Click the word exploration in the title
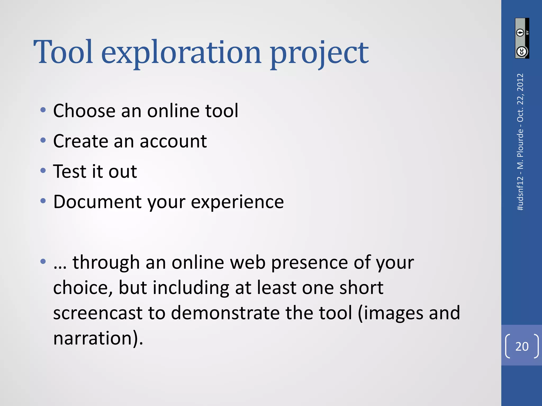[x=182, y=53]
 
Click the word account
[x=173, y=141]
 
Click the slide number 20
[x=522, y=346]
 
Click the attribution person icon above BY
[x=520, y=33]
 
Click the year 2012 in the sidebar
[x=520, y=82]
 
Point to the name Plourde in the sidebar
[x=520, y=143]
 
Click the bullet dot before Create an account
[x=43, y=140]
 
